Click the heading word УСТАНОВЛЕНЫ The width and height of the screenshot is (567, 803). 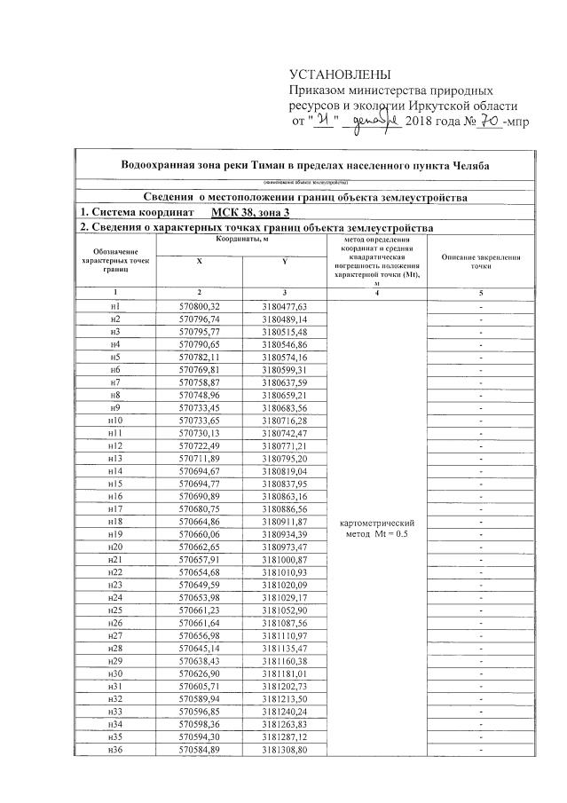click(x=340, y=74)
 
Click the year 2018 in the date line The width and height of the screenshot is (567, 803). click(x=421, y=122)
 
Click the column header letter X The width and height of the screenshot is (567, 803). click(x=199, y=261)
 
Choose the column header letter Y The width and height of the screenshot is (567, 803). click(x=284, y=261)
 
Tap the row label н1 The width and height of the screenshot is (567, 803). click(x=114, y=306)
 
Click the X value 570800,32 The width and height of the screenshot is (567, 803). click(x=199, y=306)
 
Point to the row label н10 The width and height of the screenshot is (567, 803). click(x=114, y=420)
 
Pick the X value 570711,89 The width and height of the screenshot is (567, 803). click(x=199, y=458)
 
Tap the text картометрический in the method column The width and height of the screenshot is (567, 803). click(x=377, y=523)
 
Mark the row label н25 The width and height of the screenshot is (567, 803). click(x=114, y=611)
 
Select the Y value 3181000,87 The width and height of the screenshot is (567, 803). click(x=284, y=561)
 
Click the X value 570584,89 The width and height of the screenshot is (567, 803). click(x=199, y=752)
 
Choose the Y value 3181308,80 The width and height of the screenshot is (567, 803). click(x=284, y=752)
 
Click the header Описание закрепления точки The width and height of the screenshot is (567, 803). click(x=481, y=261)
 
